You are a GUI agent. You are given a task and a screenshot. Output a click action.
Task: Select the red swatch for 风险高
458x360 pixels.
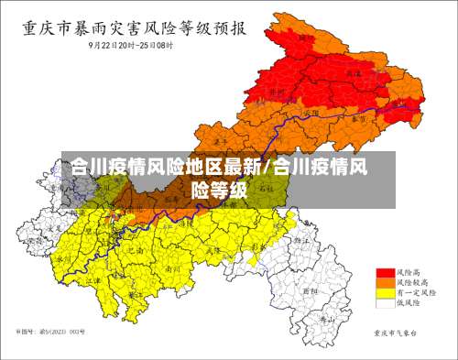(385, 273)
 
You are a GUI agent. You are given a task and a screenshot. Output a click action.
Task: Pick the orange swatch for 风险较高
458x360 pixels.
(385, 283)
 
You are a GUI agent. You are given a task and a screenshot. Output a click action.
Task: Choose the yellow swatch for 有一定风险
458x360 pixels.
(385, 293)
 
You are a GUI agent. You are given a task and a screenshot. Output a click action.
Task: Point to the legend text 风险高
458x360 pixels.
(408, 273)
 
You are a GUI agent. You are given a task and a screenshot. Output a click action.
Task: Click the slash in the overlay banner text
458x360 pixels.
(267, 169)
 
